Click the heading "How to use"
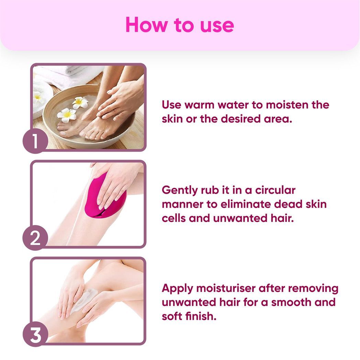click(180, 25)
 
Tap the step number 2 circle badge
click(35, 238)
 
